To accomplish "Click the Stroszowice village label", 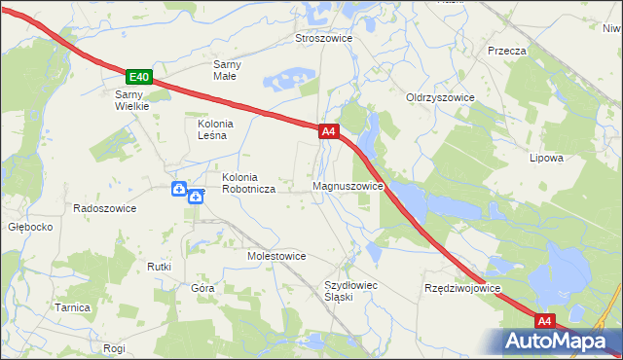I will [323, 39].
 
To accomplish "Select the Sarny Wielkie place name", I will [131, 100].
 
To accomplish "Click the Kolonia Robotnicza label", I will [248, 183].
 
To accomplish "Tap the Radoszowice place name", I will [105, 208].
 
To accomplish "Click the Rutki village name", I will [159, 267].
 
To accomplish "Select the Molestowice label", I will [276, 256].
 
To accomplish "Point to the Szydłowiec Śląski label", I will [350, 291].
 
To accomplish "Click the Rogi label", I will [114, 347].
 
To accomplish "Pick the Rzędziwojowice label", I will [461, 289].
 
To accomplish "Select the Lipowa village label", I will [546, 158].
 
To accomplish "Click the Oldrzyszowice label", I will [440, 98].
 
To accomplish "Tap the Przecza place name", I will [507, 51].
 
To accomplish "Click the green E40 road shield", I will [139, 77].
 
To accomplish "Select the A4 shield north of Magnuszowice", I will [328, 130].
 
